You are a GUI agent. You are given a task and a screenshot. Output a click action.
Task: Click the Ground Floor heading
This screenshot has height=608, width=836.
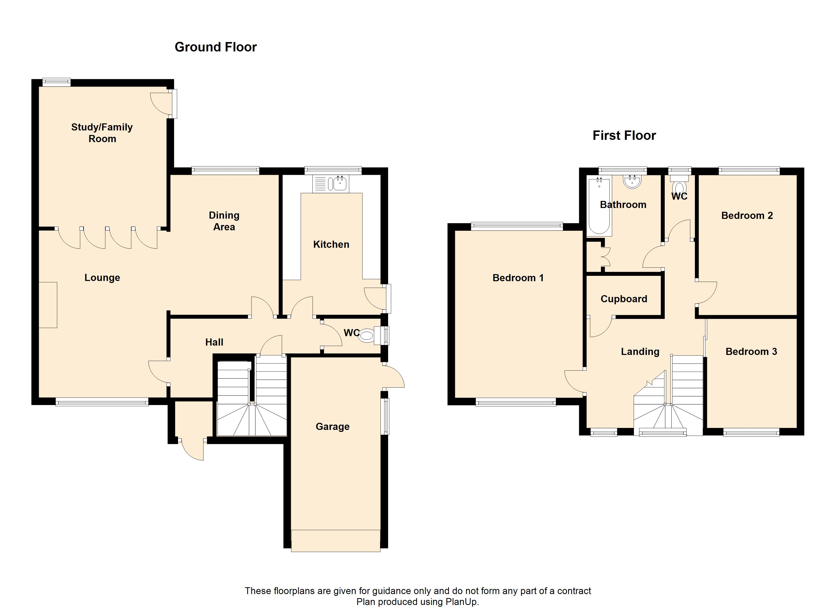216,47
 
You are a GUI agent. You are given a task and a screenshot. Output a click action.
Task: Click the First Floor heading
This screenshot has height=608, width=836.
624,136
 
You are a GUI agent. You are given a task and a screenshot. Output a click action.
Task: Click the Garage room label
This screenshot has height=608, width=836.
332,427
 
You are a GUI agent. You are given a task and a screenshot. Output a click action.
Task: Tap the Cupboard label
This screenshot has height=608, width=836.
624,299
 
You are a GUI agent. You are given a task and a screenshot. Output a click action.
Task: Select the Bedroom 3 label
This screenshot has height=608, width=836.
751,351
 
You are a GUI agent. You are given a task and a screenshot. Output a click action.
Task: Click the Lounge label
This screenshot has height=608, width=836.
102,278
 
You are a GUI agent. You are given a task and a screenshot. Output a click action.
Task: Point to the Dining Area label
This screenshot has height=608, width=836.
224,221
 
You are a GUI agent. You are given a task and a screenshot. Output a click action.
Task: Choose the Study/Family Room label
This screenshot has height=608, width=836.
102,133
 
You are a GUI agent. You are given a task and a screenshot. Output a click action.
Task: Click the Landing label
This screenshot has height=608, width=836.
640,352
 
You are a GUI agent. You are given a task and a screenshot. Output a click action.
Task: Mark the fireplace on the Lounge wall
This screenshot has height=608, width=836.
48,305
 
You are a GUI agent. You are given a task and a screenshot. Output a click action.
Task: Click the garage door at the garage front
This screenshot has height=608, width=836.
335,541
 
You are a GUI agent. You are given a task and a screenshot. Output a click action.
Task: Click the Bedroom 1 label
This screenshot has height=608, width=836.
518,278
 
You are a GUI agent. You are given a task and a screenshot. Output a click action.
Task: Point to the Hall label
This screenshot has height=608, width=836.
214,342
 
